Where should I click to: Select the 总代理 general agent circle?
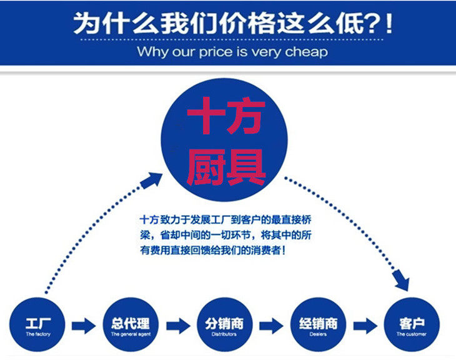pos(130,326)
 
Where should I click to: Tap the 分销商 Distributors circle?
pos(224,326)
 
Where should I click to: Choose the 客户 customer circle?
pos(411,326)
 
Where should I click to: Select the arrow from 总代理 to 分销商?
pos(177,326)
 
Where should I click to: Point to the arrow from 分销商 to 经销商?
pos(270,326)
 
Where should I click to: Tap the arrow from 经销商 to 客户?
pos(363,326)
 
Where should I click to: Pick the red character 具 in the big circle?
pos(245,166)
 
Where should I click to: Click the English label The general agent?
pos(130,335)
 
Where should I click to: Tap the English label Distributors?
pos(224,335)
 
